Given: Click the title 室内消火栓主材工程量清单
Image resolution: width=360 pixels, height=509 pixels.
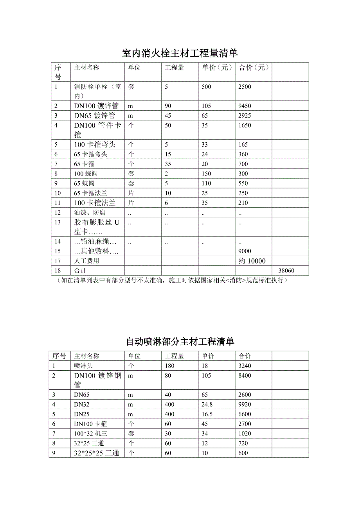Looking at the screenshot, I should [x=180, y=53].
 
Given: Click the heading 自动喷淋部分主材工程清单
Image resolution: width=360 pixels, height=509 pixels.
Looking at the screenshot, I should [x=180, y=341].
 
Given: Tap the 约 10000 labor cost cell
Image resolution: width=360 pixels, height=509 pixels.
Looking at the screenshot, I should [x=252, y=261].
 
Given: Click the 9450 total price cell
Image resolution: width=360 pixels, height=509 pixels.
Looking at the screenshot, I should [x=245, y=106].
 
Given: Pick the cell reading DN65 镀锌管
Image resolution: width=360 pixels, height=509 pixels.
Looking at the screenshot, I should [x=94, y=116].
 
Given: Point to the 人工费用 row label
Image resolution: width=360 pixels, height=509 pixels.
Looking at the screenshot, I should [x=86, y=261].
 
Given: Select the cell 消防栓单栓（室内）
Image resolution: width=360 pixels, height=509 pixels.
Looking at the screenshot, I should [x=97, y=91].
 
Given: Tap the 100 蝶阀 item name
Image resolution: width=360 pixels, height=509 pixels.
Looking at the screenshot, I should [x=84, y=174].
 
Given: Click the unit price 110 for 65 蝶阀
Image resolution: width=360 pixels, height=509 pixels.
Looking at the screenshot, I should [x=206, y=183].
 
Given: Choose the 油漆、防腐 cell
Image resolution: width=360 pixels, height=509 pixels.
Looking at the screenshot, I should [x=90, y=212].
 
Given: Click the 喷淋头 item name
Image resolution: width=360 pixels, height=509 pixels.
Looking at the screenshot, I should [x=83, y=366].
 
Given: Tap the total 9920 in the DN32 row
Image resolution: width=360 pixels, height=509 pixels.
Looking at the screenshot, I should [x=245, y=405].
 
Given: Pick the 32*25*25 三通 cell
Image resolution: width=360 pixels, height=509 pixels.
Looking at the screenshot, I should [x=97, y=453].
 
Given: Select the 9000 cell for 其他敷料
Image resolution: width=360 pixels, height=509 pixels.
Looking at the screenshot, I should [x=245, y=251].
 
